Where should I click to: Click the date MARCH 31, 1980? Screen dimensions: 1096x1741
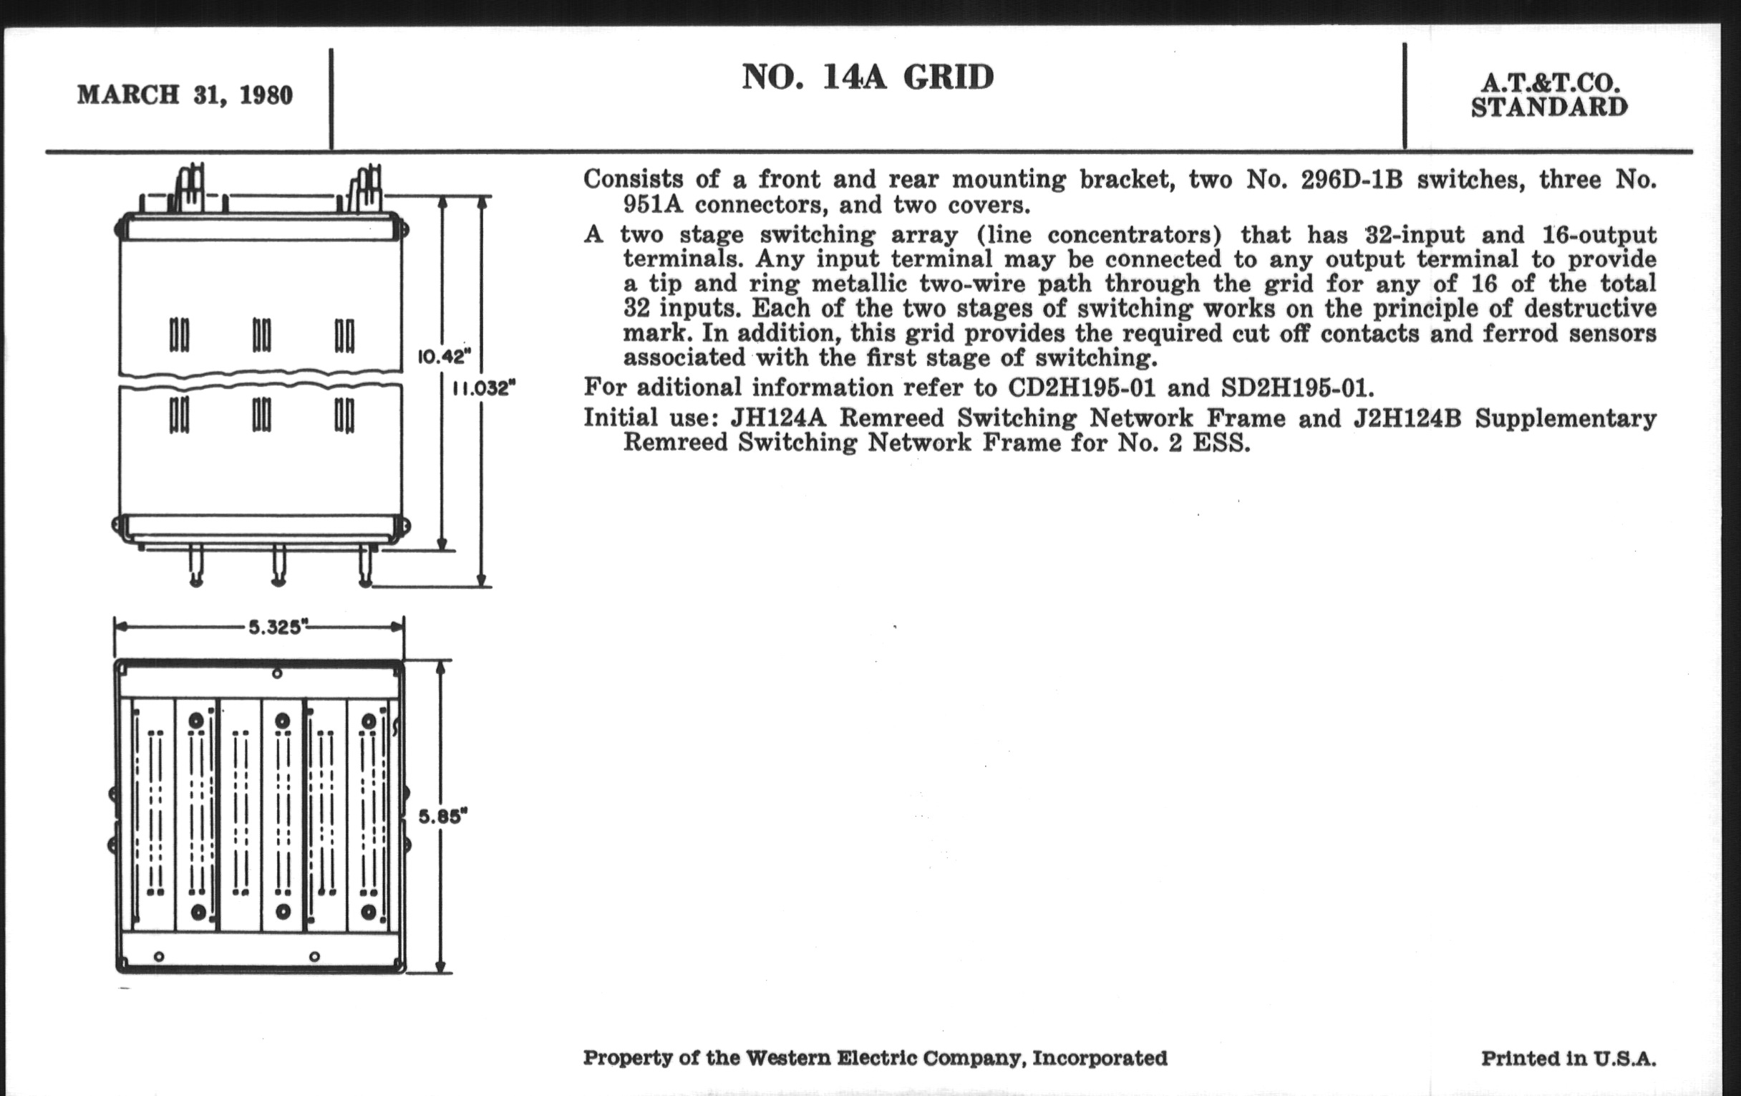[x=185, y=95]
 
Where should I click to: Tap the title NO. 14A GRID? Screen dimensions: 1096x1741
[x=868, y=77]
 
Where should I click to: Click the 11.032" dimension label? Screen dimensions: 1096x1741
[x=484, y=388]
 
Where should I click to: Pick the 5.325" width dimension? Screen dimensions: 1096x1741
[x=275, y=628]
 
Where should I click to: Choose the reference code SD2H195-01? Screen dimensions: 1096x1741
[x=1294, y=388]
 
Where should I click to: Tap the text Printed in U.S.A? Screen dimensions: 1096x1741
[x=1568, y=1058]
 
